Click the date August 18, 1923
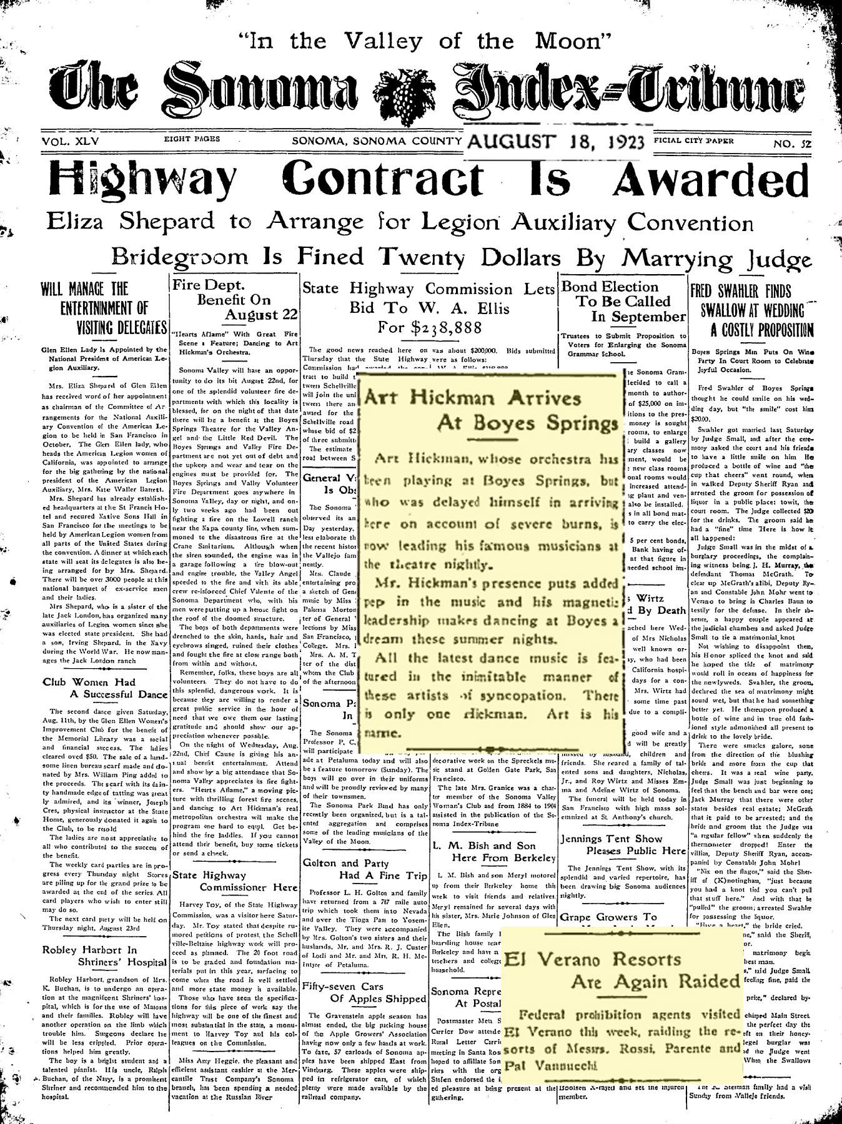point(556,142)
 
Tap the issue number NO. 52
point(792,144)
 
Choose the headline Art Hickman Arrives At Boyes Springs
point(491,410)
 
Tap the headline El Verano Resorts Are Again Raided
point(621,970)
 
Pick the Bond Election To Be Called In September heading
point(623,302)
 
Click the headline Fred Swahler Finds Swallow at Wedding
point(751,310)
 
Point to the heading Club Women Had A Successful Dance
point(104,688)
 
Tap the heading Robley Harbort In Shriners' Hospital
point(104,955)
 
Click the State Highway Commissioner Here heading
point(234,880)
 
